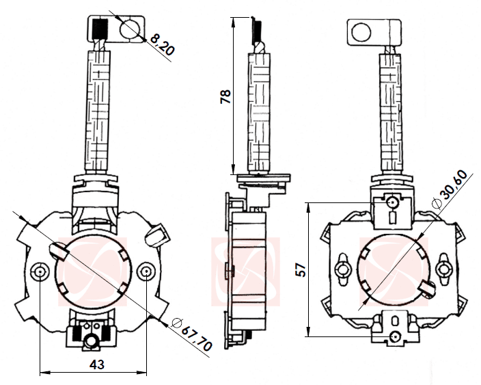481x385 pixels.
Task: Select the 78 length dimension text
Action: coord(226,95)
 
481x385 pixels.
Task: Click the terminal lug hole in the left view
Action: coord(129,28)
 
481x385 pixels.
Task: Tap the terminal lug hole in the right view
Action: coord(361,31)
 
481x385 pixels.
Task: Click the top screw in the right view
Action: coord(392,202)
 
